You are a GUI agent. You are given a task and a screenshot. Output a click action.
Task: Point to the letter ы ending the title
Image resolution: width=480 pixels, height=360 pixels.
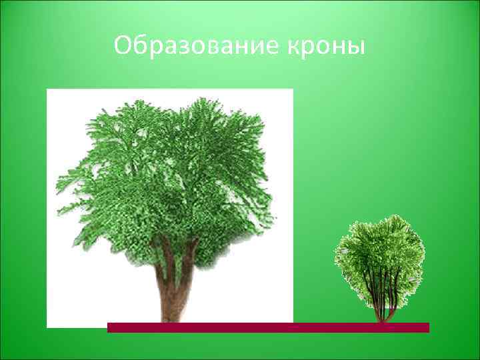(357, 48)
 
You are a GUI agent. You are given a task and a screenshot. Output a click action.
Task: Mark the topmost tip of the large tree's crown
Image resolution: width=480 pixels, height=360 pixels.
(200, 98)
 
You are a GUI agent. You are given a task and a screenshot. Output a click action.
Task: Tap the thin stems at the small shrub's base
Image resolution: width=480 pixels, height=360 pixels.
(383, 307)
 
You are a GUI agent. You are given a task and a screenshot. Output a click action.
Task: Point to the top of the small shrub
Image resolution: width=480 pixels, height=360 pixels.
(380, 217)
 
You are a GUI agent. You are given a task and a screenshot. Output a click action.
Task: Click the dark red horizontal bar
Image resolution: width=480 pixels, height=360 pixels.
(267, 327)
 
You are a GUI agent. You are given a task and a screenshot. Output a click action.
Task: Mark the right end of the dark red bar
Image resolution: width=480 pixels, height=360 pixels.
(428, 327)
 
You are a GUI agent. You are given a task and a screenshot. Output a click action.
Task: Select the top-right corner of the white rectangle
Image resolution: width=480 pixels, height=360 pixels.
(293, 89)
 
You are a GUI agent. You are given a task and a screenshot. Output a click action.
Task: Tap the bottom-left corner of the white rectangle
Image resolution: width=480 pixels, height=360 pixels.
(47, 327)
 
